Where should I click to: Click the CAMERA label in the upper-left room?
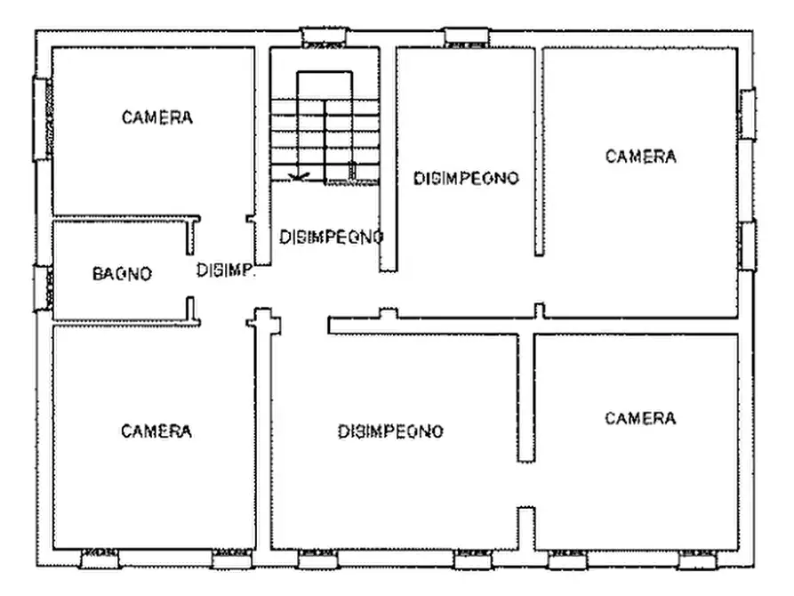[157, 117]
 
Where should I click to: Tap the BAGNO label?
[122, 274]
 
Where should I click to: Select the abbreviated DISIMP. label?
[226, 270]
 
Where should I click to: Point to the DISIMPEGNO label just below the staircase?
[331, 238]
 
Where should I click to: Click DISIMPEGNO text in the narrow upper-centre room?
[466, 178]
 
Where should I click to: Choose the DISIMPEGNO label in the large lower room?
[390, 432]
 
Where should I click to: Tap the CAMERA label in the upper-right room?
[640, 157]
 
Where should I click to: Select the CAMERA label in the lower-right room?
[640, 418]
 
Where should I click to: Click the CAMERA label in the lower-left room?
[156, 431]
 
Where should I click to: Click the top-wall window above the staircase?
[324, 38]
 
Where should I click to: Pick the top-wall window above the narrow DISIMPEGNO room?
[467, 36]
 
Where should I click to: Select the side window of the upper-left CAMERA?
[42, 118]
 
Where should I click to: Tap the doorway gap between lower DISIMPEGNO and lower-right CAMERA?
[526, 484]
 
